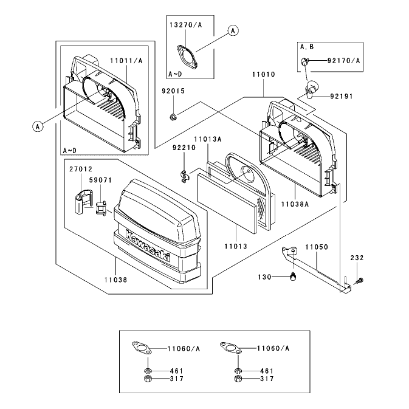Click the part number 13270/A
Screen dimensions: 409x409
pyautogui.click(x=186, y=25)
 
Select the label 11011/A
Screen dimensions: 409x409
pyautogui.click(x=126, y=61)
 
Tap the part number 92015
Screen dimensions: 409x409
pyautogui.click(x=173, y=91)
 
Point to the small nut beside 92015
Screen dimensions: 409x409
pyautogui.click(x=172, y=117)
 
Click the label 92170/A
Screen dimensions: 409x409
pyautogui.click(x=343, y=61)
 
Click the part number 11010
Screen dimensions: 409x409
pyautogui.click(x=264, y=75)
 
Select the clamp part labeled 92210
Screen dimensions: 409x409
pyautogui.click(x=184, y=176)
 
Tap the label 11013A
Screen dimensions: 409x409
pyautogui.click(x=208, y=139)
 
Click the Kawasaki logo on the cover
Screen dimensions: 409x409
pyautogui.click(x=148, y=246)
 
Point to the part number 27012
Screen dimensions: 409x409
pyautogui.click(x=81, y=170)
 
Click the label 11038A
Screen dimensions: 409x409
pyautogui.click(x=295, y=204)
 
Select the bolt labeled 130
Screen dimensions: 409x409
pyautogui.click(x=294, y=277)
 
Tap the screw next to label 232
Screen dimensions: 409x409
pyautogui.click(x=359, y=281)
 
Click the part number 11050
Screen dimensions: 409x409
pyautogui.click(x=317, y=247)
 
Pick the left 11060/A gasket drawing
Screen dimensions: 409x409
pyautogui.click(x=142, y=348)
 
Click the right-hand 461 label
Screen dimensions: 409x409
pyautogui.click(x=267, y=371)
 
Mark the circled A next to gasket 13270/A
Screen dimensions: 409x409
pyautogui.click(x=233, y=31)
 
